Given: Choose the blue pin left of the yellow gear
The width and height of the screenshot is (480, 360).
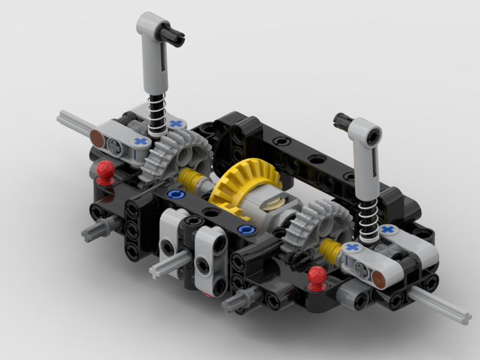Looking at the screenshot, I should pos(175,195).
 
